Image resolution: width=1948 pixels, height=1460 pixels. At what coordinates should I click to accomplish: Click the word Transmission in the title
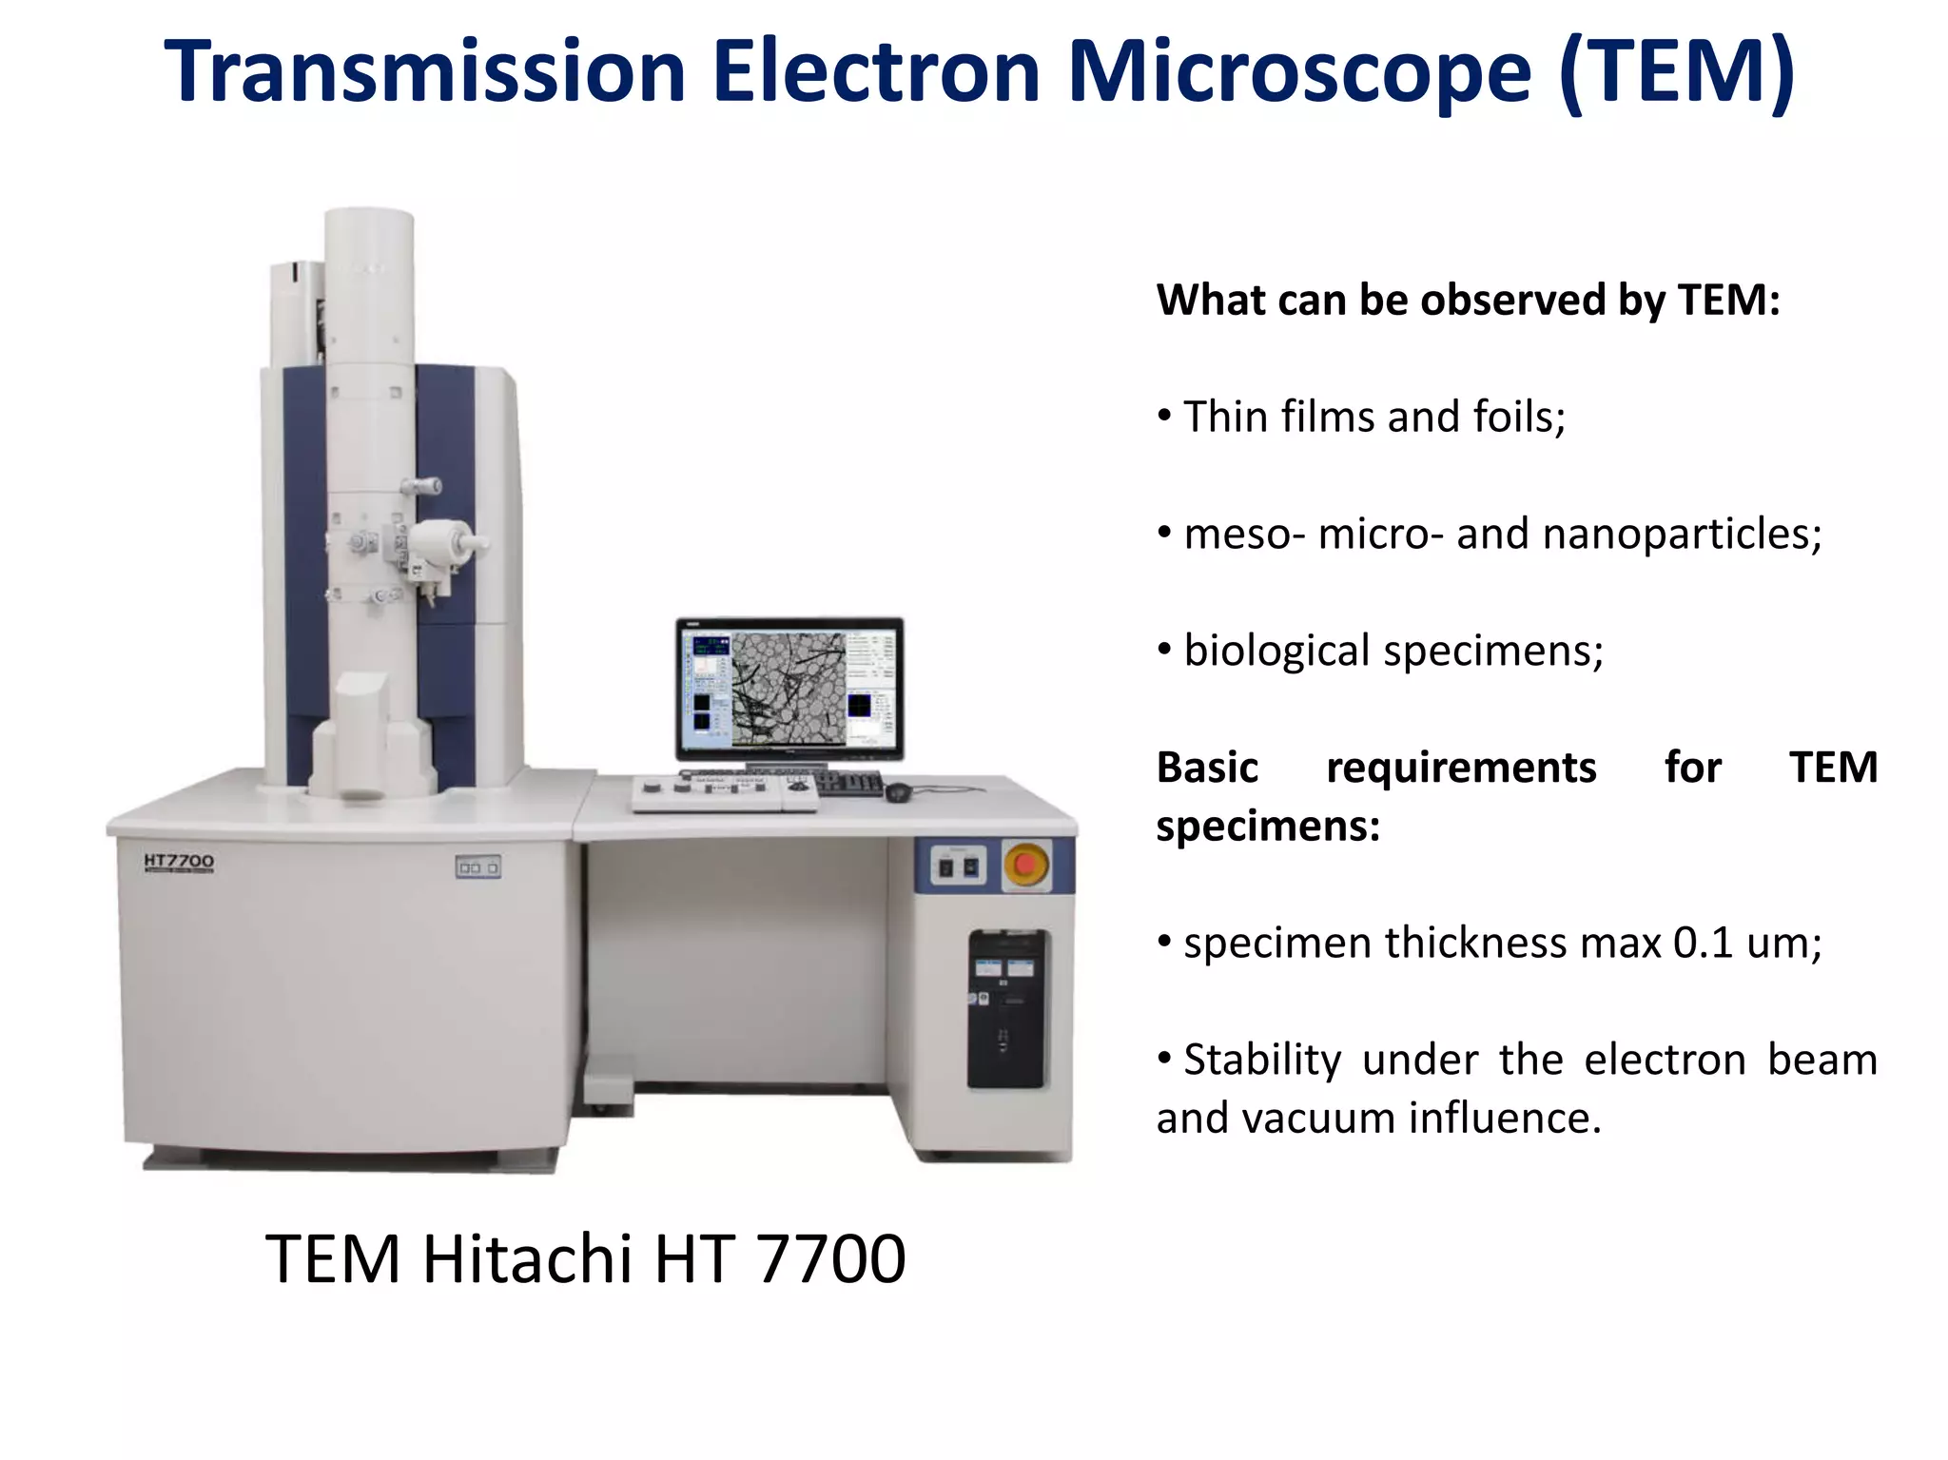[x=425, y=72]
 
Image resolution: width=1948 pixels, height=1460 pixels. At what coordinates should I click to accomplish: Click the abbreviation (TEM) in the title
[x=1676, y=72]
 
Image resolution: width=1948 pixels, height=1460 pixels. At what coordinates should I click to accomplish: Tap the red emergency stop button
[x=1025, y=865]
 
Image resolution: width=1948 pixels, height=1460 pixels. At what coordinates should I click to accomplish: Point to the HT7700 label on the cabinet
[x=179, y=862]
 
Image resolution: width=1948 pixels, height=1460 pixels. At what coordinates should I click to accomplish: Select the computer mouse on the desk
[x=897, y=790]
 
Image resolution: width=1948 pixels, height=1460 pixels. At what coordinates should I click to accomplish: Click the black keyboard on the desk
[x=849, y=783]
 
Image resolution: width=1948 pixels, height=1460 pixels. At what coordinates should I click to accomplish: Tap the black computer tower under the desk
[x=1007, y=1008]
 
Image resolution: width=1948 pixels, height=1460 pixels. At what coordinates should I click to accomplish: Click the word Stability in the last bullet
[x=1261, y=1061]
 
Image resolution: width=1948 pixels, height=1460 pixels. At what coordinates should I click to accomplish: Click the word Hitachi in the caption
[x=526, y=1259]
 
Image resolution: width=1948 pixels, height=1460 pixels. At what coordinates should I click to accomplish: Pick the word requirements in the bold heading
[x=1460, y=768]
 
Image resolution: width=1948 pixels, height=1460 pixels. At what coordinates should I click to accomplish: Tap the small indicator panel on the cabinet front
[x=477, y=867]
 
